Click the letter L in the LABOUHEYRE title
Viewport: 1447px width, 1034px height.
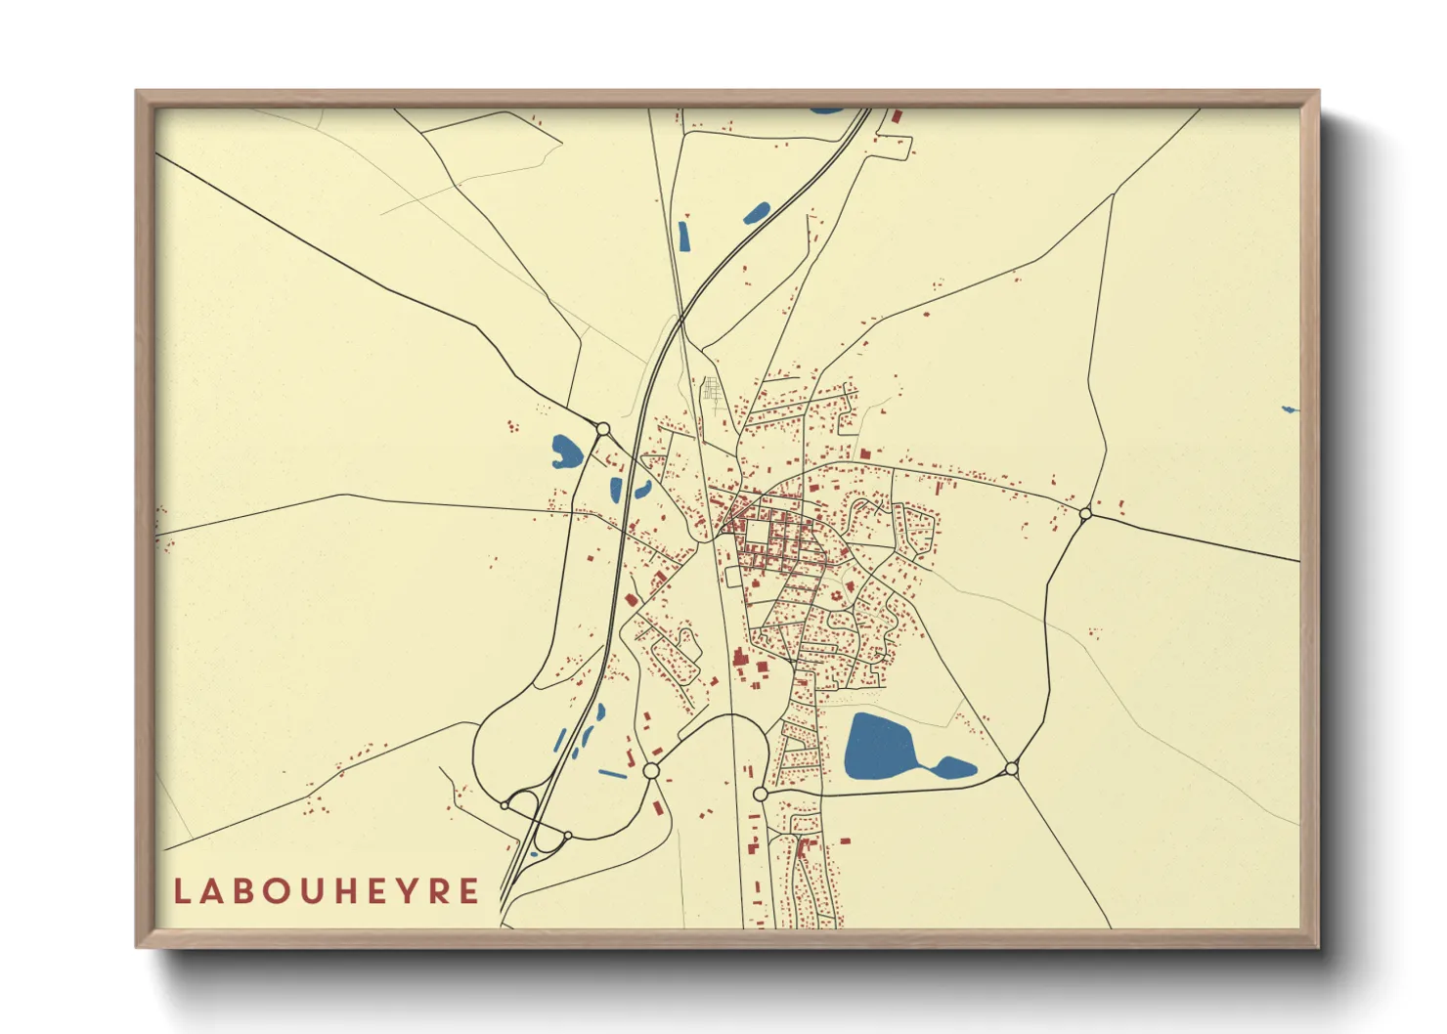point(182,891)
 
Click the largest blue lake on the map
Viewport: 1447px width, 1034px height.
point(877,746)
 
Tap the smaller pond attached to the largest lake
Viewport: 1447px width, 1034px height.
point(954,767)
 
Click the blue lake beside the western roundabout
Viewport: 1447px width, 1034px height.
point(565,452)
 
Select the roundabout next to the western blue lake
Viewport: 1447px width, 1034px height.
point(603,429)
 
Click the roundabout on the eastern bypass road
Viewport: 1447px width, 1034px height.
point(1085,513)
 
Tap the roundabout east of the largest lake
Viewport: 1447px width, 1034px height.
point(1011,770)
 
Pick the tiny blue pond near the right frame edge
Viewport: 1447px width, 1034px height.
point(1290,409)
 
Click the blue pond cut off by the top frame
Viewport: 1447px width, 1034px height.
point(825,110)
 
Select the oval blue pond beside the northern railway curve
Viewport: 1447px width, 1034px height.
point(756,212)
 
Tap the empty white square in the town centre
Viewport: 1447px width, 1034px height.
point(759,533)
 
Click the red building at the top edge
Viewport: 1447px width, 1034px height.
point(896,115)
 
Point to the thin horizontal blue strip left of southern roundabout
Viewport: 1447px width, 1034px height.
point(612,774)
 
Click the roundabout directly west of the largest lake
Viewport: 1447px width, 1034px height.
point(760,795)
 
